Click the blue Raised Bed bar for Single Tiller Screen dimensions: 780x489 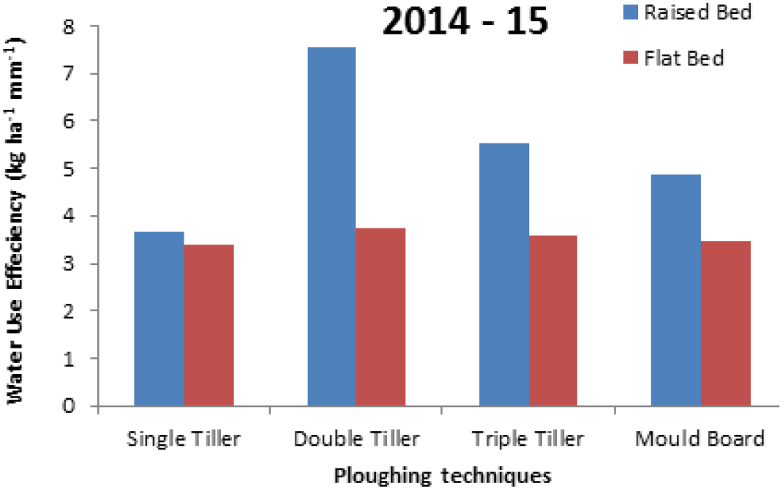click(160, 319)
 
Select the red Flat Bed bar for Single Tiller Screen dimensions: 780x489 click(209, 325)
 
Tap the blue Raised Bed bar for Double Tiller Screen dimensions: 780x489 click(331, 226)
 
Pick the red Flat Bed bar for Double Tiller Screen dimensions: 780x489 click(380, 317)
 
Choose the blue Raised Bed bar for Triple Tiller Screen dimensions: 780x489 click(504, 275)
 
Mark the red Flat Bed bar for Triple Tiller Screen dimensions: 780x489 click(553, 321)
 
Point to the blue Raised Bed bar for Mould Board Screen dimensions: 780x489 click(676, 291)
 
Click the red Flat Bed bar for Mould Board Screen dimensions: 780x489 click(726, 324)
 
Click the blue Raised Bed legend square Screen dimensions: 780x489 click(630, 12)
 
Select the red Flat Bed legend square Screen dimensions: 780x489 click(630, 58)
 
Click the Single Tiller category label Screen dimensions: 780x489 click(184, 438)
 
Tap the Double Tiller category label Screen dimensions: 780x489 click(356, 438)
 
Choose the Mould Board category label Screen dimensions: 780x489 click(700, 438)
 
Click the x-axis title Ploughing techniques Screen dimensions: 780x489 click(442, 476)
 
